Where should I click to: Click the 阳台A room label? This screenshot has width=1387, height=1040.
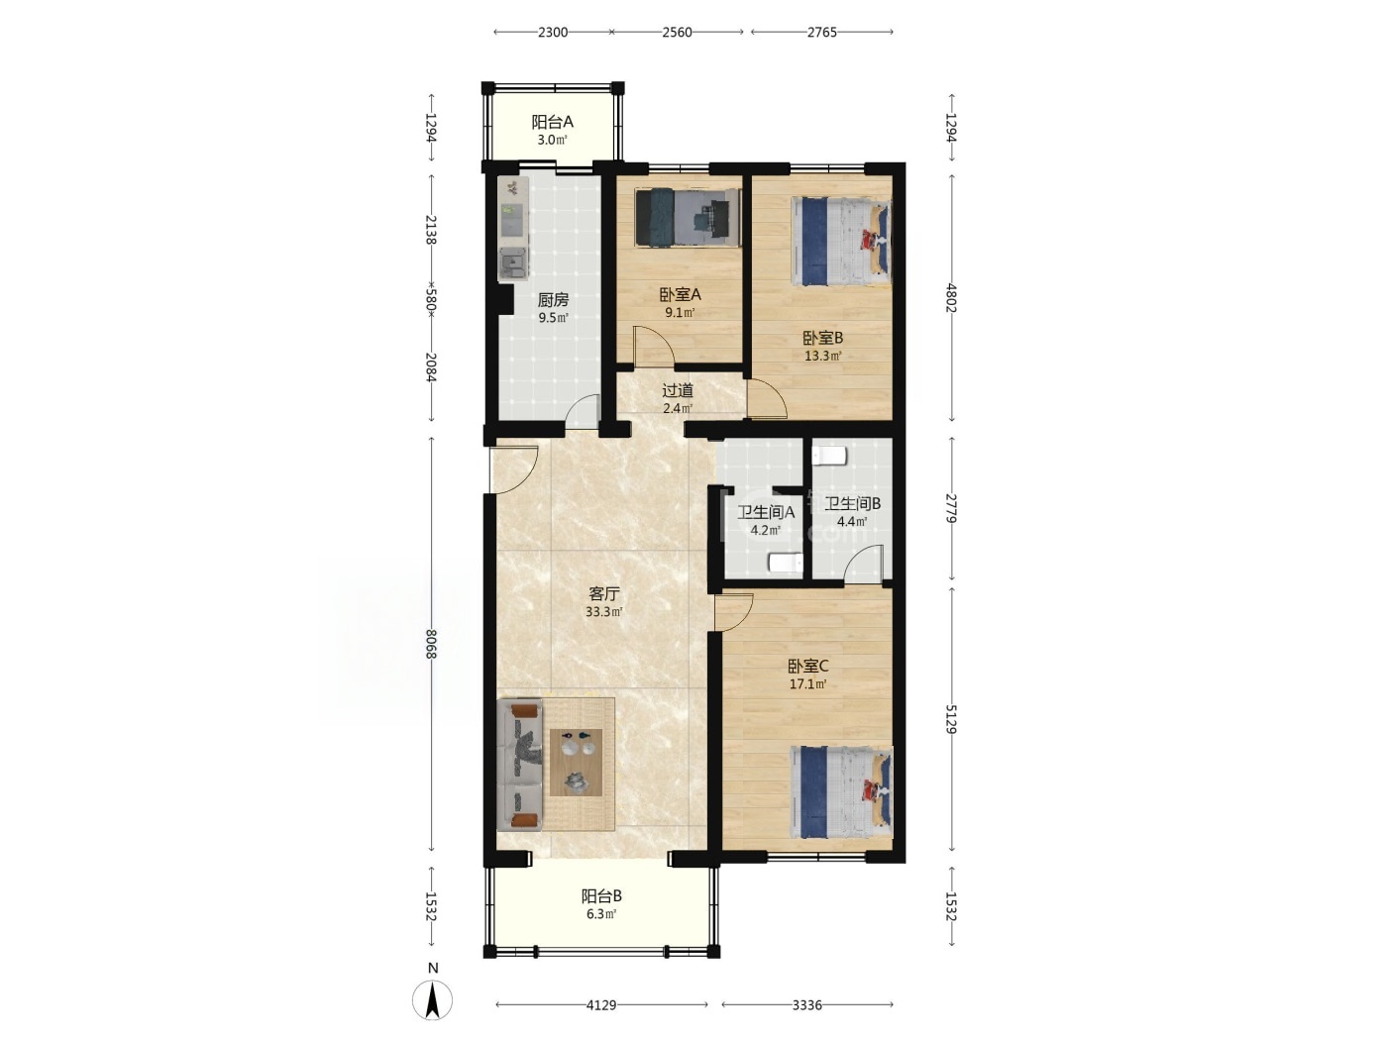pyautogui.click(x=552, y=121)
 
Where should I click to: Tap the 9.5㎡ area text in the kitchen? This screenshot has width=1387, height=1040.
pyautogui.click(x=554, y=318)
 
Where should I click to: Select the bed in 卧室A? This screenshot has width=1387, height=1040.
pyautogui.click(x=688, y=217)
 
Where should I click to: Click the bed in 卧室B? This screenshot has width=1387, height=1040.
pyautogui.click(x=841, y=242)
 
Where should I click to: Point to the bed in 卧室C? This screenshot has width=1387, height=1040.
pyautogui.click(x=841, y=792)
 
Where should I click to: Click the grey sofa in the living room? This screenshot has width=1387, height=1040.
pyautogui.click(x=519, y=764)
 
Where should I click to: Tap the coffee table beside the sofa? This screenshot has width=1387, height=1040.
pyautogui.click(x=576, y=762)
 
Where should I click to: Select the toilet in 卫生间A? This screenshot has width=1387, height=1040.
pyautogui.click(x=786, y=563)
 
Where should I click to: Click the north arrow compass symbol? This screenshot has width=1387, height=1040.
pyautogui.click(x=432, y=999)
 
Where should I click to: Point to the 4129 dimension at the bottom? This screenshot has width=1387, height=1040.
pyautogui.click(x=600, y=1004)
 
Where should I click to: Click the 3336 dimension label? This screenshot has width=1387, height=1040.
pyautogui.click(x=806, y=1004)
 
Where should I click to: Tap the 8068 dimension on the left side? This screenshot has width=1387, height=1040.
pyautogui.click(x=432, y=644)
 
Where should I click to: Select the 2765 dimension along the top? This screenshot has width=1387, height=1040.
pyautogui.click(x=821, y=33)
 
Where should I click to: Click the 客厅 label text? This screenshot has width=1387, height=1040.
pyautogui.click(x=604, y=594)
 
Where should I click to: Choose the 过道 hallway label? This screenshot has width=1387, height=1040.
pyautogui.click(x=678, y=391)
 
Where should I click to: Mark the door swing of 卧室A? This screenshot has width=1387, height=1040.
pyautogui.click(x=654, y=346)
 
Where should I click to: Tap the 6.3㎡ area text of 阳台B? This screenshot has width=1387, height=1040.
pyautogui.click(x=601, y=913)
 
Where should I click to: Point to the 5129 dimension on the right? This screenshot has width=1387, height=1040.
pyautogui.click(x=951, y=719)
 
